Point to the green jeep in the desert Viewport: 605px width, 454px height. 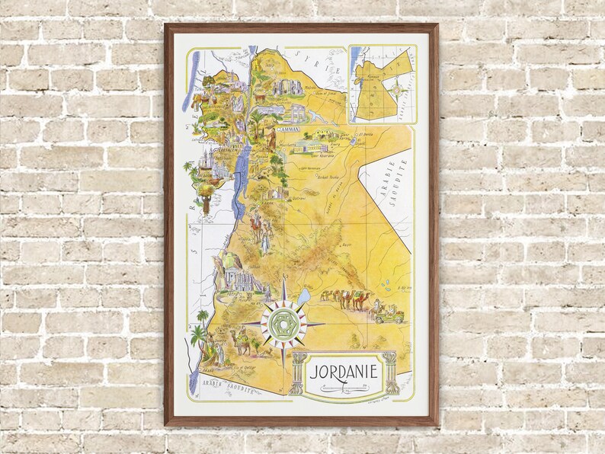coord(388,312)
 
